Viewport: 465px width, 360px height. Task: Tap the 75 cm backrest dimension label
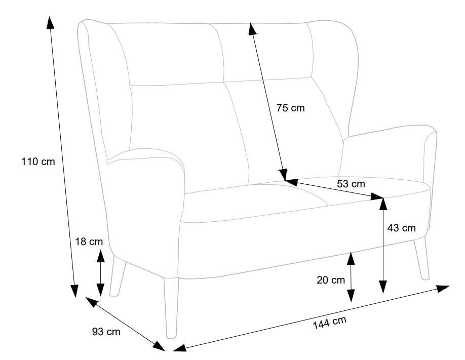(x=291, y=108)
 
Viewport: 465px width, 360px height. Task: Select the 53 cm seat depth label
(x=351, y=184)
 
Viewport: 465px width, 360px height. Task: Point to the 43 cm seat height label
(x=401, y=228)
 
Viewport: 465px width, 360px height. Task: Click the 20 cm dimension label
(x=331, y=279)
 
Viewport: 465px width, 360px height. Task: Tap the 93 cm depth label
(x=106, y=332)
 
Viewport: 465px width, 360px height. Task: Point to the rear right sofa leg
(x=422, y=258)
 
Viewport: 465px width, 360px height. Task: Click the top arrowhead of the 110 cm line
(x=50, y=23)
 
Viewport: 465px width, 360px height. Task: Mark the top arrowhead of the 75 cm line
(x=252, y=29)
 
